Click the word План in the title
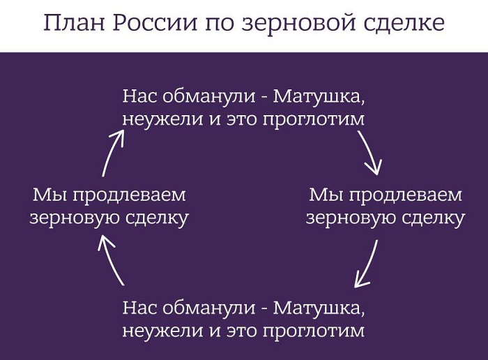(75, 23)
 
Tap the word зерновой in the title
(298, 23)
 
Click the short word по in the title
(219, 25)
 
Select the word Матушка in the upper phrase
(319, 97)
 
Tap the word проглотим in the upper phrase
(313, 120)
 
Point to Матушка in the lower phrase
(319, 308)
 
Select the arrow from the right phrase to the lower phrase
(369, 264)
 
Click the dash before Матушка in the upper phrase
(264, 98)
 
